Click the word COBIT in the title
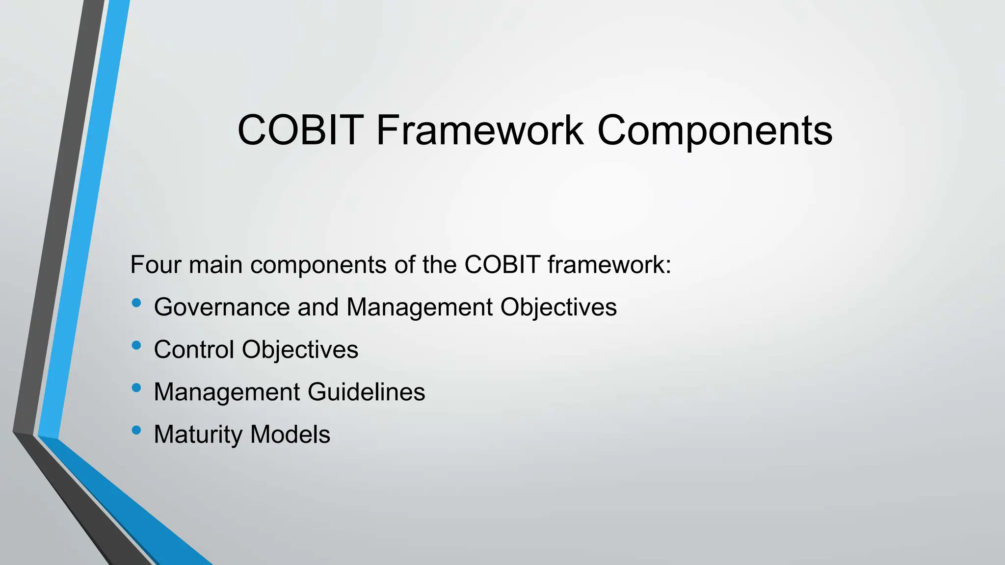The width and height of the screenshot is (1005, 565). click(300, 130)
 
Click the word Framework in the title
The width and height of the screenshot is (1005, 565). click(480, 130)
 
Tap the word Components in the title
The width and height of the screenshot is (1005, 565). click(714, 130)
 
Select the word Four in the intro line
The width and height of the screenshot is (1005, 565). click(155, 265)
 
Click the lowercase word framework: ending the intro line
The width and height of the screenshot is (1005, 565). click(609, 265)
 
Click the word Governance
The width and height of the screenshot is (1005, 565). click(222, 308)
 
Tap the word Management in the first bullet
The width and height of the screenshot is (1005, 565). click(420, 308)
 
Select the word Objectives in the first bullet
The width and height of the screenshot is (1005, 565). click(558, 308)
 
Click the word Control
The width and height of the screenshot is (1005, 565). click(194, 350)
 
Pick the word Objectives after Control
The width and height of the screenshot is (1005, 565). click(300, 350)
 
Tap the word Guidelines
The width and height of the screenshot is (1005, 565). click(366, 392)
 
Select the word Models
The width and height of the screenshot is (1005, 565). click(290, 435)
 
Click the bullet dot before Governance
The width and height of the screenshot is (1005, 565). click(136, 303)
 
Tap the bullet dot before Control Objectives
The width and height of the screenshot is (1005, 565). click(136, 346)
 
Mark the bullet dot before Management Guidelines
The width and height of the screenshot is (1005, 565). click(136, 388)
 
